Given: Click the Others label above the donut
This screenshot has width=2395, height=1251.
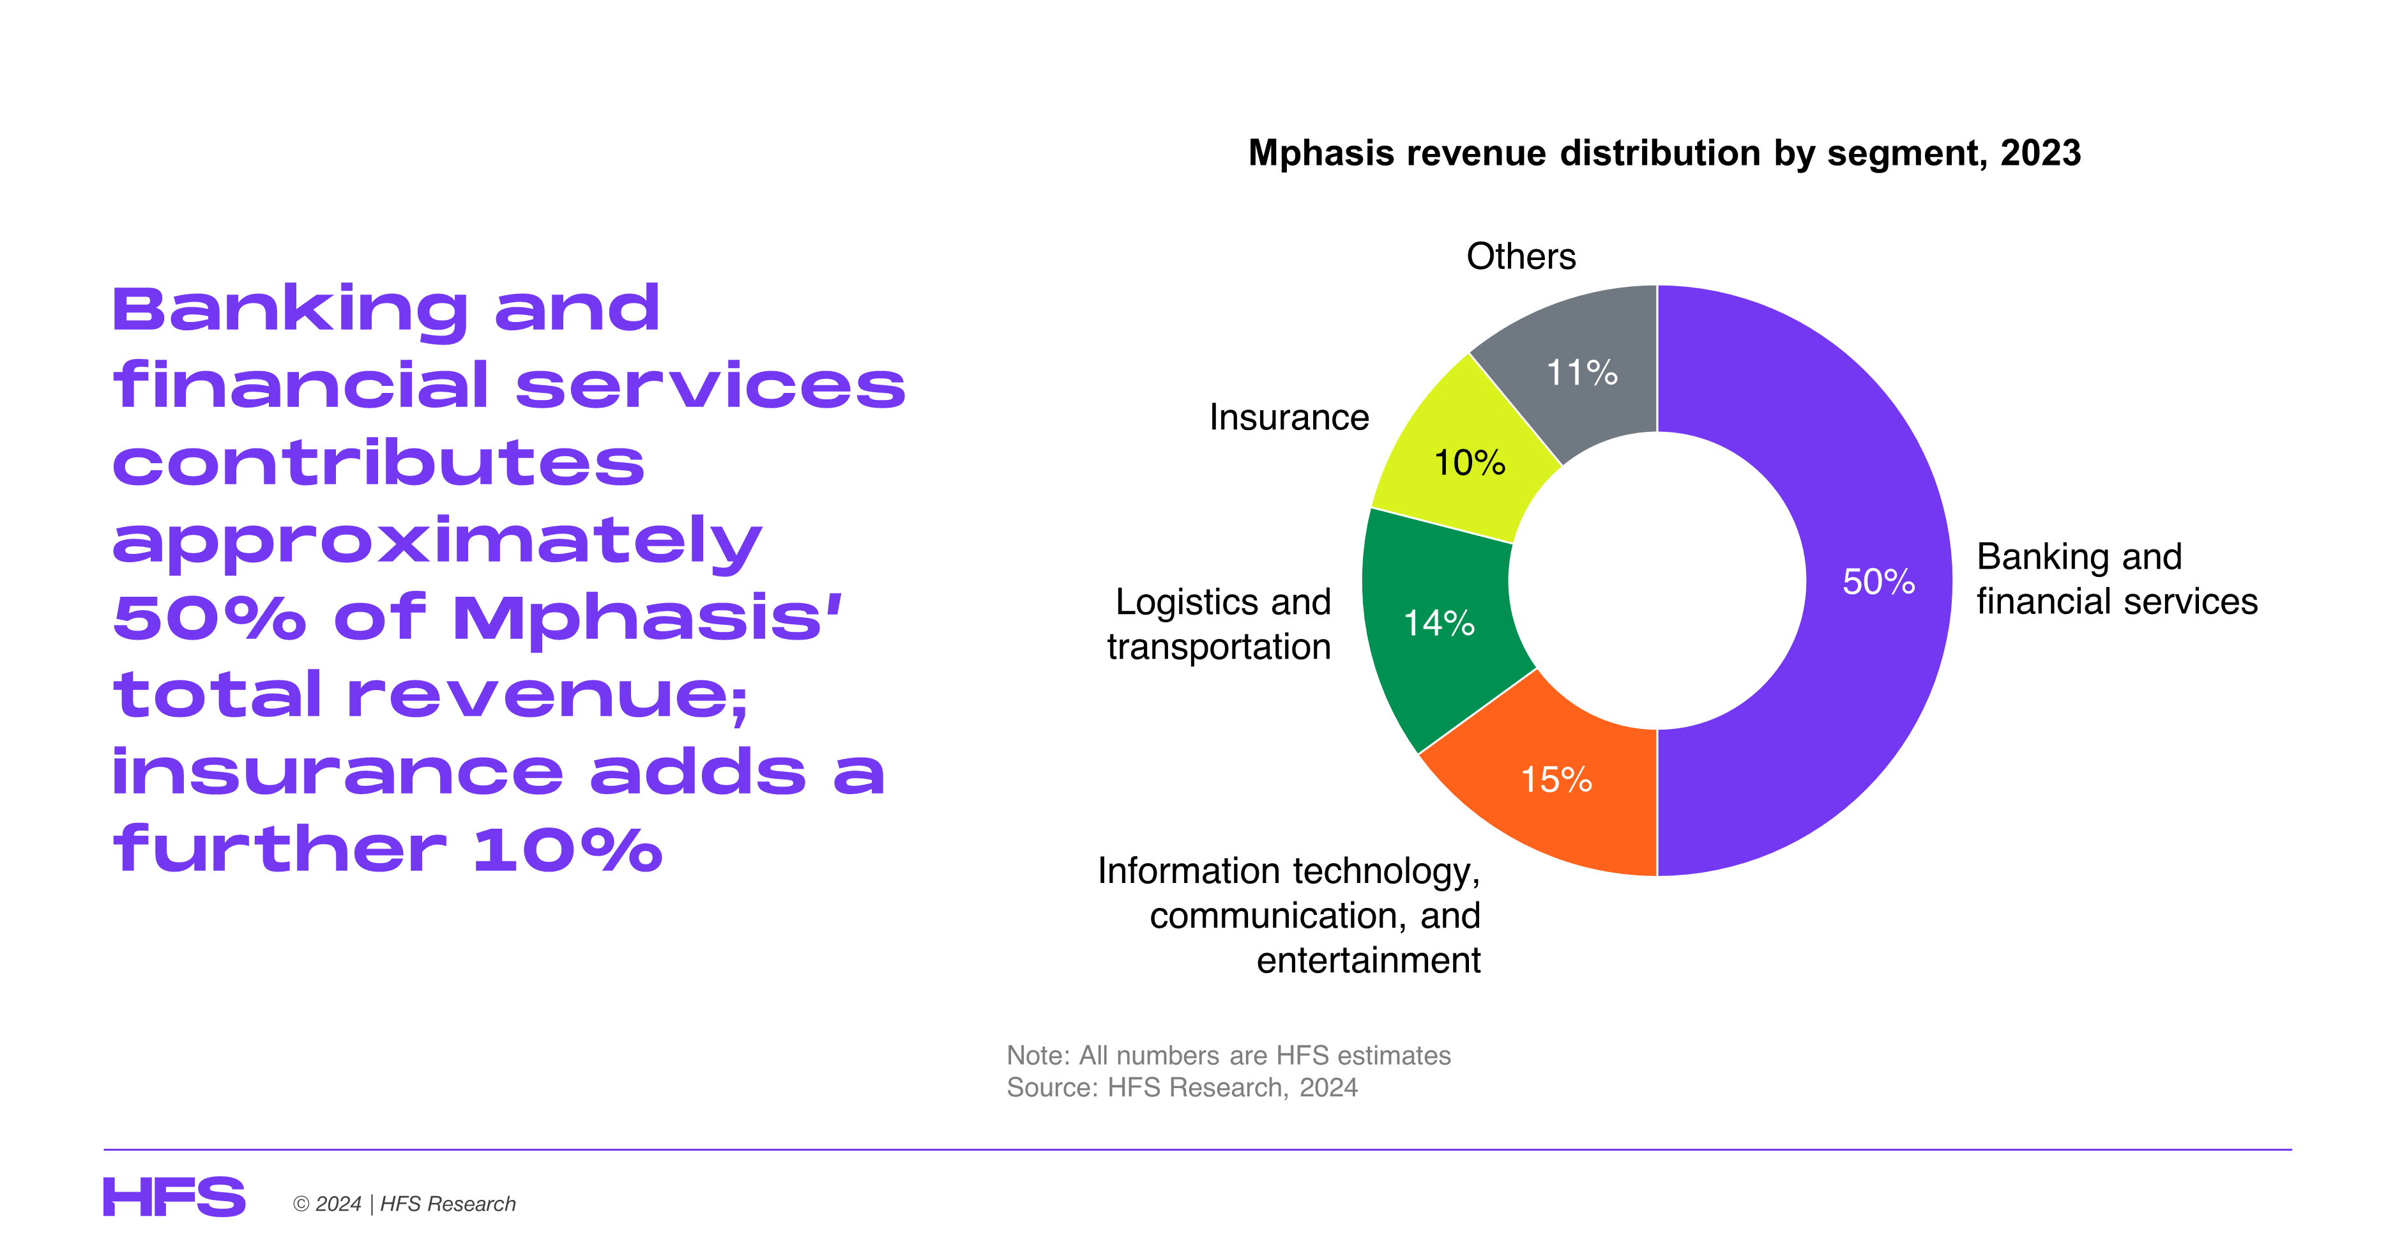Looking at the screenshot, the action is [1521, 256].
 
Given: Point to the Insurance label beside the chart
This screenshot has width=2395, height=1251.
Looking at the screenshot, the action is [1289, 418].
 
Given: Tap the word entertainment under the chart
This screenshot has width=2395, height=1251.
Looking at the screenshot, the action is [1369, 960].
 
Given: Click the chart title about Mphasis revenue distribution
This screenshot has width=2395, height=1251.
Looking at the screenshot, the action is [1664, 153].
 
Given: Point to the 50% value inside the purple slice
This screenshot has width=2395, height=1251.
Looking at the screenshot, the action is [1878, 581].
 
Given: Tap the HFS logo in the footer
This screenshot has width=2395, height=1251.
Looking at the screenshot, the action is [174, 1197].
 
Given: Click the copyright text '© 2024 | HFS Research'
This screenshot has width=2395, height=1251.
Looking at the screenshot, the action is [404, 1204].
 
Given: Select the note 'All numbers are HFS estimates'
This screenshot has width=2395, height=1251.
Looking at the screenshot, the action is [1228, 1055].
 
